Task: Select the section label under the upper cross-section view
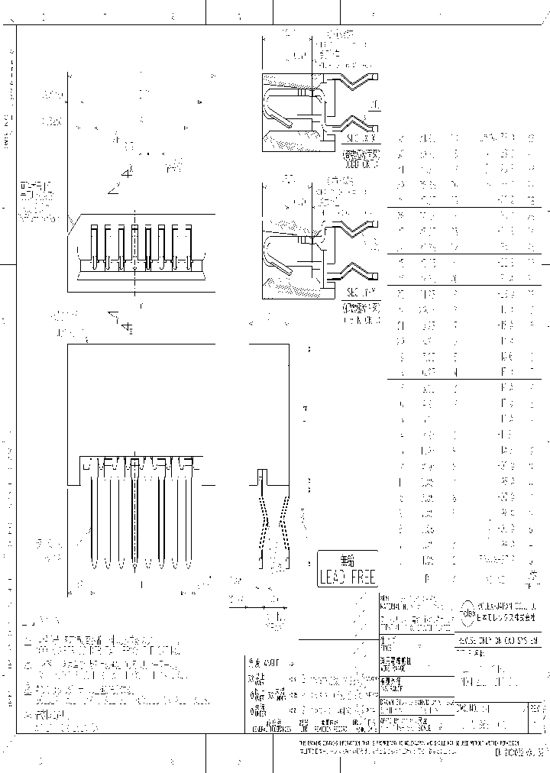[361, 138]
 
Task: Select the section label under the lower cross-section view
[361, 293]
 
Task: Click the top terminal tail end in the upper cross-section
[375, 75]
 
